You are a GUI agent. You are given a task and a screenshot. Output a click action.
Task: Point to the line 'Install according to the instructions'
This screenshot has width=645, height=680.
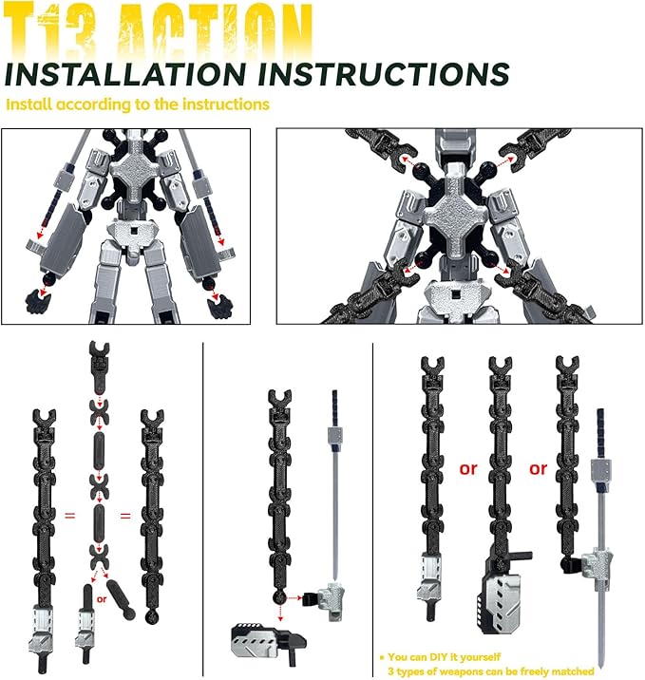(138, 104)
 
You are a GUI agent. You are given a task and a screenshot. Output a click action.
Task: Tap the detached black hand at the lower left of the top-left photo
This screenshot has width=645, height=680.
(37, 303)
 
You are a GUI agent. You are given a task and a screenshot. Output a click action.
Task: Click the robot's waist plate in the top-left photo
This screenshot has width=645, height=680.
(128, 233)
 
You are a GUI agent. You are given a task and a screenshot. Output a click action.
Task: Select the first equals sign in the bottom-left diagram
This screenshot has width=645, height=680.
(70, 517)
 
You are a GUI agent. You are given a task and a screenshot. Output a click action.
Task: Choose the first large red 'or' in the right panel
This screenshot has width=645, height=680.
(468, 468)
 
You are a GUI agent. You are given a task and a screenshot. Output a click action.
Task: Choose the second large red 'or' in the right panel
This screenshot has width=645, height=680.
(539, 468)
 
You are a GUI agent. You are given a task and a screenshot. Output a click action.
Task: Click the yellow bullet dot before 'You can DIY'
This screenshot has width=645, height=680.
(381, 656)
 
